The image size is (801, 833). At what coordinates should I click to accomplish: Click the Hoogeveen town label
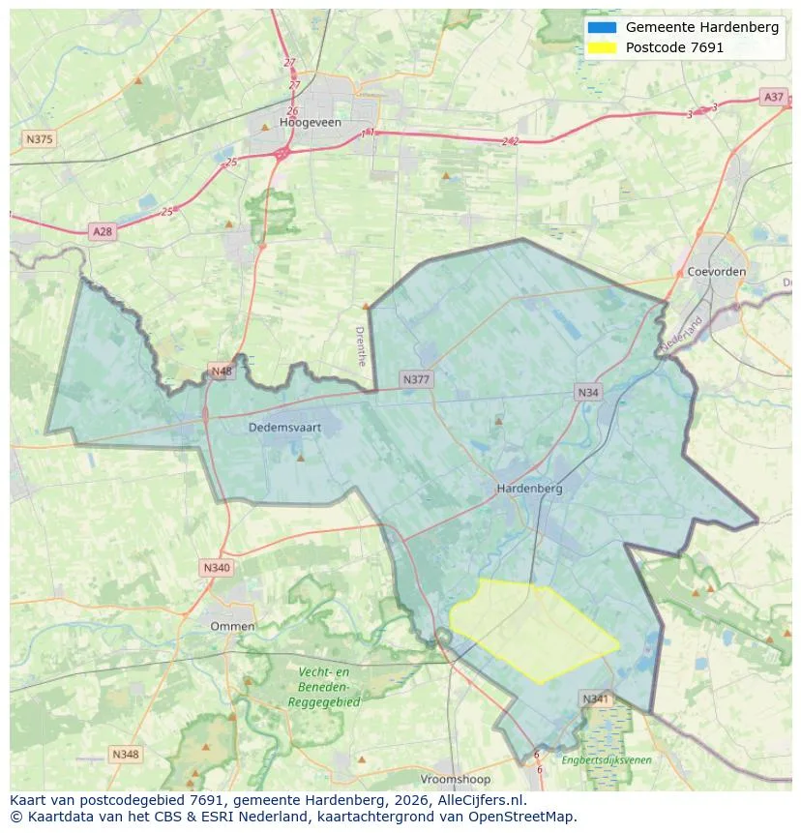pos(306,123)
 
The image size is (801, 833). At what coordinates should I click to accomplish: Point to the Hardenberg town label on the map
pos(529,489)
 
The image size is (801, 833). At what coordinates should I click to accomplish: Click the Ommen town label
pos(232,626)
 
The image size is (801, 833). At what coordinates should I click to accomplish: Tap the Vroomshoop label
pos(455,779)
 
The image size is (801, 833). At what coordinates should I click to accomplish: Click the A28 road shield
pos(102,231)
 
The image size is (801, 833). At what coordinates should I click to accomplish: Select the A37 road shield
pos(773,97)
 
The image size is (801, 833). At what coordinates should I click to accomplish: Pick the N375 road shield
pos(40,139)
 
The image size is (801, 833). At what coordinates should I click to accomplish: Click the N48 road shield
pos(222,371)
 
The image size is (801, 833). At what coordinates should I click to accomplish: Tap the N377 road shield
pos(416,379)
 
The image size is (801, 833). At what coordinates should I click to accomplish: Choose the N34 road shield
pos(587,392)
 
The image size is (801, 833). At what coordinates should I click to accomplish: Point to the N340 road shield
pos(217,568)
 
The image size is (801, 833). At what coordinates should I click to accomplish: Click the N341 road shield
pos(596,699)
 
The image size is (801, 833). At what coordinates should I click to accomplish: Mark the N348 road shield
pos(126,754)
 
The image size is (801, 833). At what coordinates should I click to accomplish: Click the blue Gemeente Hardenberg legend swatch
pos(601,27)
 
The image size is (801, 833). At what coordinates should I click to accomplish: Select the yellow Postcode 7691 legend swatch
pos(601,47)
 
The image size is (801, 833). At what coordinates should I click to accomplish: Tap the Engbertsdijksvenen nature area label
pos(607,760)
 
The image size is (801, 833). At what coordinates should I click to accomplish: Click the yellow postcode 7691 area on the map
pos(532,629)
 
